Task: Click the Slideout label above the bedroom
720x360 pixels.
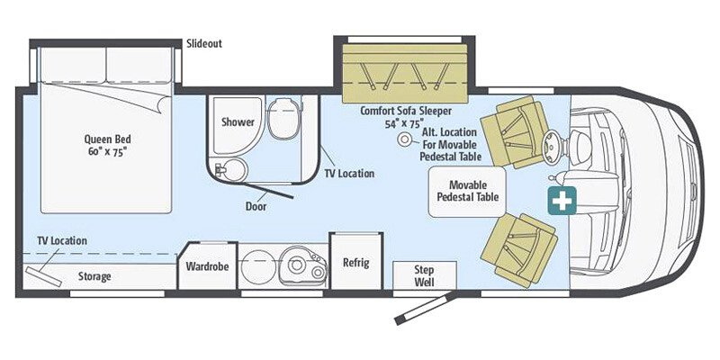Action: tap(203, 43)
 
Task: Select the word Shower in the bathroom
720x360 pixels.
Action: tap(238, 121)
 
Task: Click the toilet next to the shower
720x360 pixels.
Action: tap(283, 121)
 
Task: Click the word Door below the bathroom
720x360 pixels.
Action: tap(256, 205)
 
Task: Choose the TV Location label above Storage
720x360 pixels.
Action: tap(62, 240)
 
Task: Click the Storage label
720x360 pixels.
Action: tap(94, 276)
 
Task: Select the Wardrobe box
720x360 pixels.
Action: tap(207, 267)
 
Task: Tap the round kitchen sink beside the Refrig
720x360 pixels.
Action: tap(296, 264)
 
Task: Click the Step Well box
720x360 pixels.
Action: tap(425, 275)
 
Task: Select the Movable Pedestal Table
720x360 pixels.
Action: tap(467, 190)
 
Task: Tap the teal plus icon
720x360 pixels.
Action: tap(562, 201)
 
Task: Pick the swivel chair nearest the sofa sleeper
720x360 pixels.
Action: tap(514, 132)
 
